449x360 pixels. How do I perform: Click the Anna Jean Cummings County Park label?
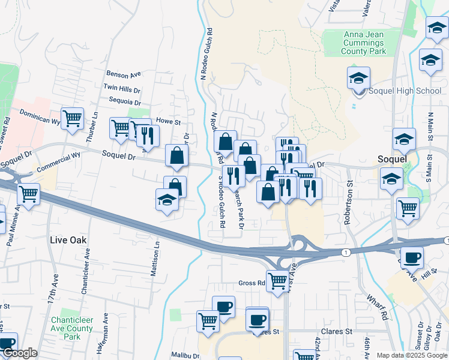coord(363,43)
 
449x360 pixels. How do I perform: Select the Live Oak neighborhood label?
coord(68,240)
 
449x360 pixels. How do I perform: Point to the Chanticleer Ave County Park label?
coord(71,328)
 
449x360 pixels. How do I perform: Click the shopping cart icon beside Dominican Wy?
coord(73,118)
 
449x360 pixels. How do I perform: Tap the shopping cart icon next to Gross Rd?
coord(277,280)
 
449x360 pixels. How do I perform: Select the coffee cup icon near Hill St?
coord(412,257)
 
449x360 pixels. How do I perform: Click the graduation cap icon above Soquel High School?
coord(358,78)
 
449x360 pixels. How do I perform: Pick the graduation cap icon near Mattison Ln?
coord(166,200)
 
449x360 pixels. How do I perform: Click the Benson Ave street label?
coord(123,74)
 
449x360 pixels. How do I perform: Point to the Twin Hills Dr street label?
coord(121,88)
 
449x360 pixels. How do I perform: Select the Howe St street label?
coord(169,121)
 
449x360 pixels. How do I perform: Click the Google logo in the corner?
coord(20,353)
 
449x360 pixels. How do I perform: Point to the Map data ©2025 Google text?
coord(411,355)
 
